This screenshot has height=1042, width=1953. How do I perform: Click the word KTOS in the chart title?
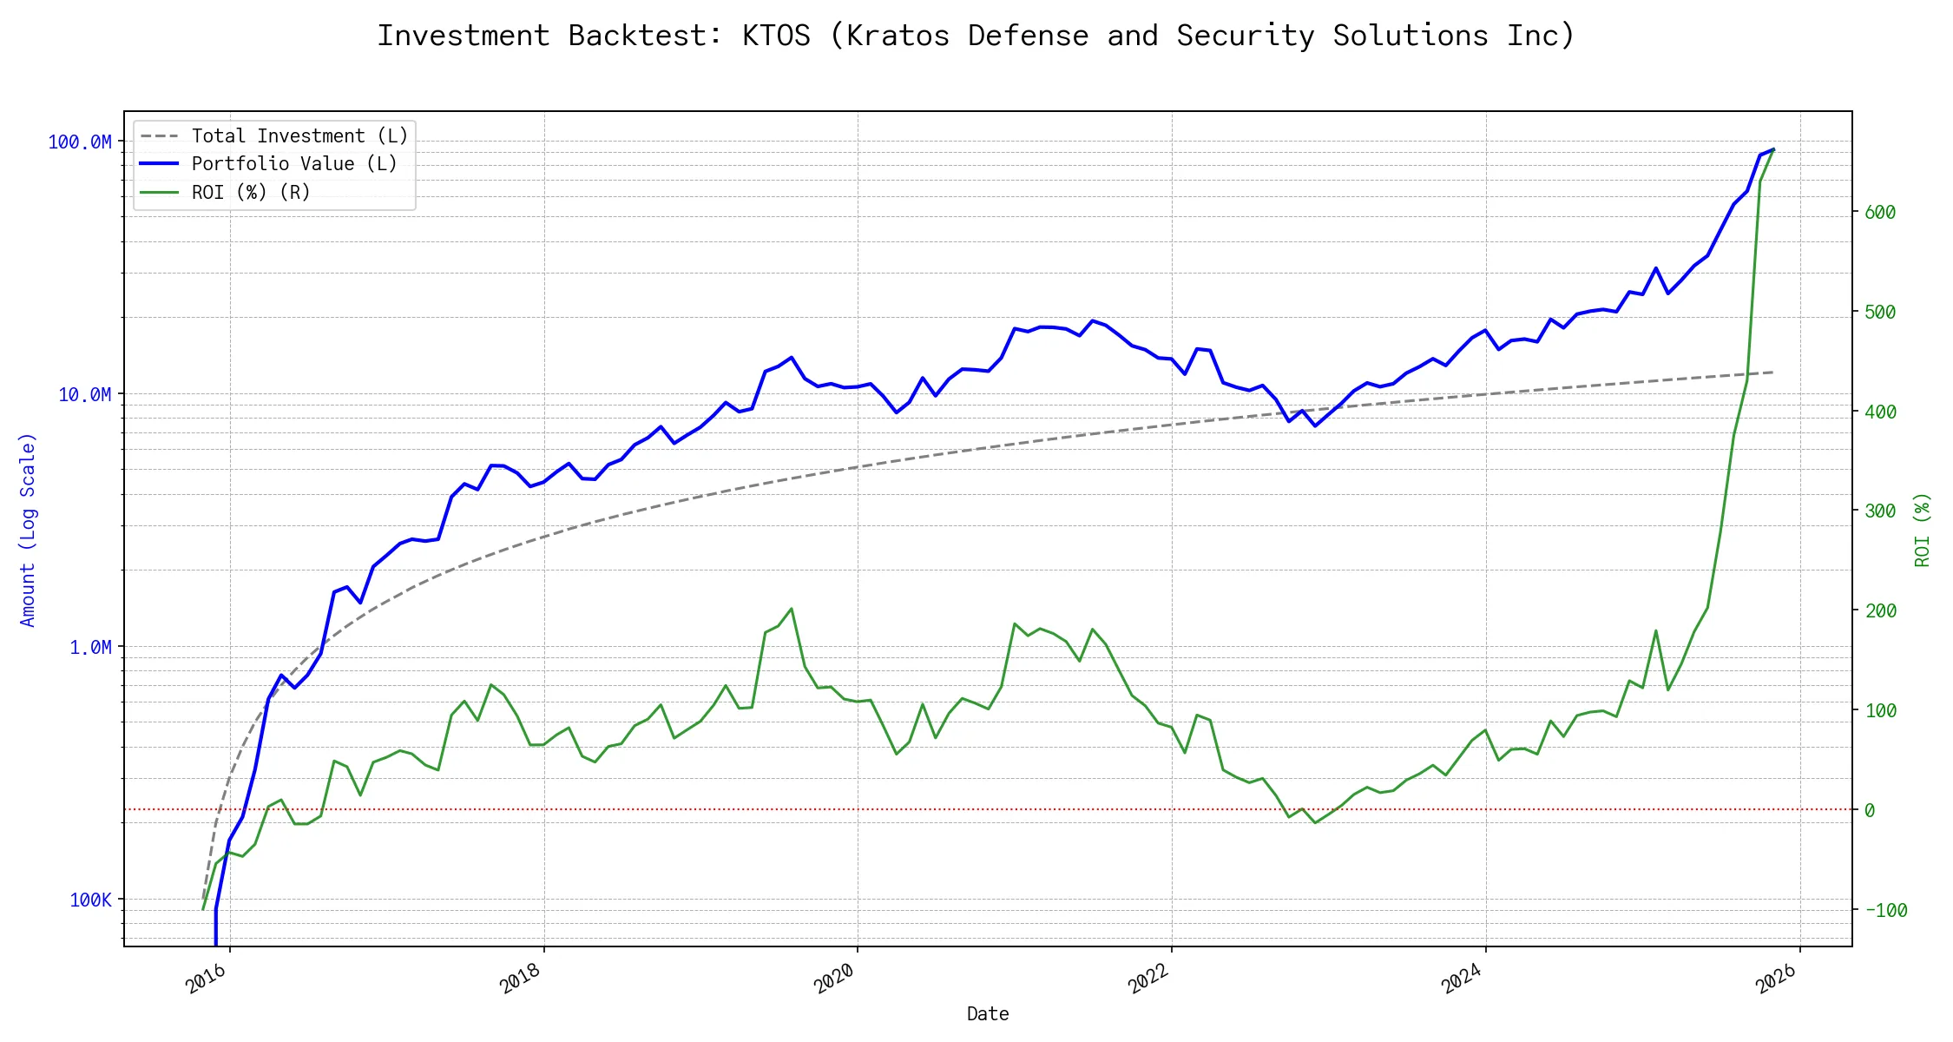tap(776, 36)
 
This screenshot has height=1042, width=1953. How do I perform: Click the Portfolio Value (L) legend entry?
tap(294, 164)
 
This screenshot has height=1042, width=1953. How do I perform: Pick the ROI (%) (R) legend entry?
tap(251, 192)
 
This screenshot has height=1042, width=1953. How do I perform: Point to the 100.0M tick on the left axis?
tap(80, 142)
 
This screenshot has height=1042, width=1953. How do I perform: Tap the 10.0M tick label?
tap(85, 395)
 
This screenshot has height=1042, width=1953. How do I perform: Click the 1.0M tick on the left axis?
tap(90, 648)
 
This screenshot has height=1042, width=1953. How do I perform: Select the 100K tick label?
tap(90, 900)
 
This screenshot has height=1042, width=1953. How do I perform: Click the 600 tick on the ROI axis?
tap(1880, 213)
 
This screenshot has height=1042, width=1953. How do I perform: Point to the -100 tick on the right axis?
tap(1885, 911)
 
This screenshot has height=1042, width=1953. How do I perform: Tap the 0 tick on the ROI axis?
tap(1870, 811)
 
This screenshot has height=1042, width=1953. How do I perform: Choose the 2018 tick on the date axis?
tap(520, 979)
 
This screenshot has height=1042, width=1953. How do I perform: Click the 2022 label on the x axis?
tap(1147, 979)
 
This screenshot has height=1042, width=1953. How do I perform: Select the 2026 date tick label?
tap(1776, 979)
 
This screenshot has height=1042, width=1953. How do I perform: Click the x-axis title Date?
tap(988, 1014)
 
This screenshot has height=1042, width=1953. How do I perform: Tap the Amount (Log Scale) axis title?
tap(28, 530)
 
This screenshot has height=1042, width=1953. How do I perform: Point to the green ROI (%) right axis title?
tap(1923, 530)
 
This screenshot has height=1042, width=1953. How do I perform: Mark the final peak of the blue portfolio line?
tap(1773, 149)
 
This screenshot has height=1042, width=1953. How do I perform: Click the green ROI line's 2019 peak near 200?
tap(792, 609)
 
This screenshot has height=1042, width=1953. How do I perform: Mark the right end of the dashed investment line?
tap(1773, 373)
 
